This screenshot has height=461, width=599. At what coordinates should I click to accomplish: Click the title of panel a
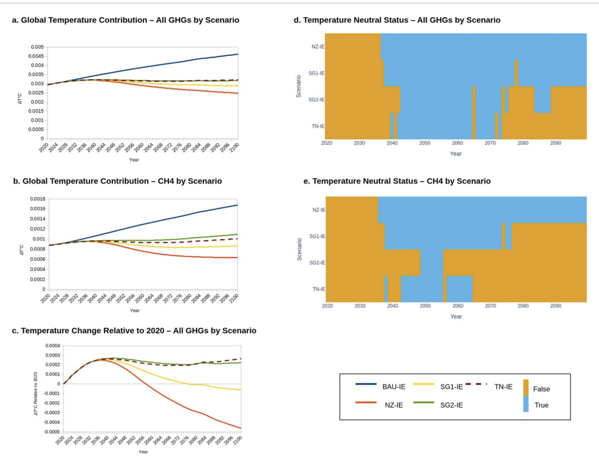click(x=125, y=20)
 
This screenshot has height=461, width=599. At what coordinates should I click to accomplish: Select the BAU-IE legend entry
click(x=394, y=387)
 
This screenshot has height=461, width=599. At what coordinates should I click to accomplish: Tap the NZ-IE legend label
click(x=394, y=405)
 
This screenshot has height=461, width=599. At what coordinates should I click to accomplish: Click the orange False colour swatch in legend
click(x=526, y=387)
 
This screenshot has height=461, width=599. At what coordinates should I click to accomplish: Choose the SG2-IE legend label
click(x=452, y=405)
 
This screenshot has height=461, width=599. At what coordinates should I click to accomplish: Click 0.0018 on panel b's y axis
click(x=37, y=199)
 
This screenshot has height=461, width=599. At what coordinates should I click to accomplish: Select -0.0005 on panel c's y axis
click(x=52, y=432)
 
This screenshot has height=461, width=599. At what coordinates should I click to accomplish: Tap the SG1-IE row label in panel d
click(x=316, y=73)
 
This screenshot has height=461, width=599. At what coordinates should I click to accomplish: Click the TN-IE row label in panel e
click(x=319, y=289)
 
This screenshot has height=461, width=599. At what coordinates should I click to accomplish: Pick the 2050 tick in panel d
click(x=424, y=143)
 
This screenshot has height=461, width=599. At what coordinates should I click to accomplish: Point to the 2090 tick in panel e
click(x=556, y=306)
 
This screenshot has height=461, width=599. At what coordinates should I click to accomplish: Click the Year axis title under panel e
click(x=456, y=317)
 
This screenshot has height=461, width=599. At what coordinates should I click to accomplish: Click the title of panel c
click(x=134, y=331)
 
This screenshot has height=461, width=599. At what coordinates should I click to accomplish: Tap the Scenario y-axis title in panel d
click(x=298, y=87)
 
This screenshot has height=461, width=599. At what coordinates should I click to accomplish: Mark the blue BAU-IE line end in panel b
click(x=237, y=205)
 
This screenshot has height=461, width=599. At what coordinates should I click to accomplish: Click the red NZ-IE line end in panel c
click(x=240, y=428)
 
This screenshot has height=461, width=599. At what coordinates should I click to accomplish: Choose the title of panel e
click(x=397, y=181)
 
